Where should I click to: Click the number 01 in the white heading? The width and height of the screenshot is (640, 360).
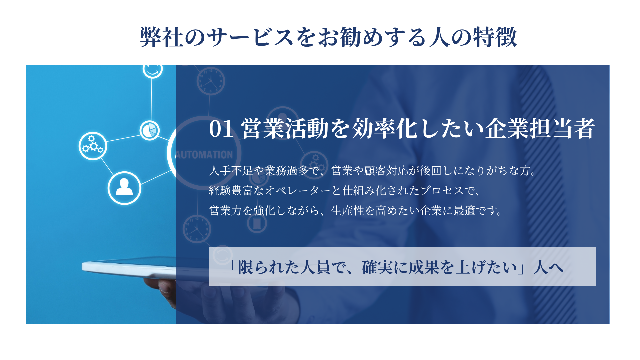(221, 129)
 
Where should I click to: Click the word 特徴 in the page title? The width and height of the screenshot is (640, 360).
(495, 37)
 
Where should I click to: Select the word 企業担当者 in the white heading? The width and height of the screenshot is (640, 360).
(540, 129)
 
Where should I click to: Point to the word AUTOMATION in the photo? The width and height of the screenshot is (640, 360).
(204, 155)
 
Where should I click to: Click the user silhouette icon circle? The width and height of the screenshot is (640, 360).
(124, 188)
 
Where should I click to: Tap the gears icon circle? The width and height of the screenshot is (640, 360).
(93, 146)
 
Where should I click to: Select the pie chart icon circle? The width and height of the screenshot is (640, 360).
(150, 130)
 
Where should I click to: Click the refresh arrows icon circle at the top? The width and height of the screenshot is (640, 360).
(153, 69)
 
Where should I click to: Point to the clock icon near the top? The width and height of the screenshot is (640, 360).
(211, 81)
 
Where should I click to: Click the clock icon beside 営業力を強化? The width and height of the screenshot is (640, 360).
(197, 229)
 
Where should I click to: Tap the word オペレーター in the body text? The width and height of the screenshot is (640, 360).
(298, 191)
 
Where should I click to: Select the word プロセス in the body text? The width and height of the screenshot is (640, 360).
(442, 191)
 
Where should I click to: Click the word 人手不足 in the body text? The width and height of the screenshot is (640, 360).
(231, 171)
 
